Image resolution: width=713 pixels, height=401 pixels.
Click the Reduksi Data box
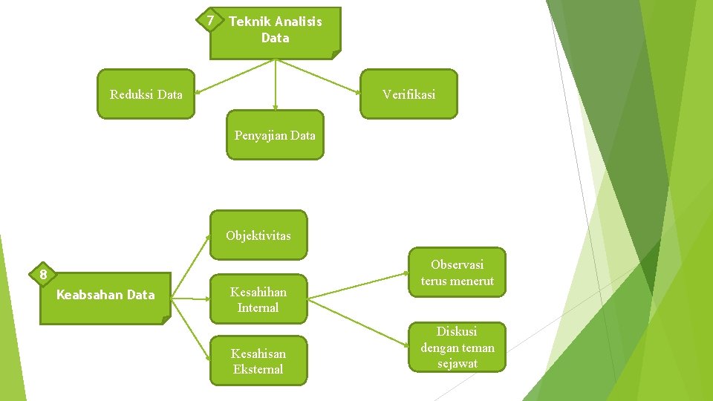coord(146,94)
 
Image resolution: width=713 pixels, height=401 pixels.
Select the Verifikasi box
coord(408,94)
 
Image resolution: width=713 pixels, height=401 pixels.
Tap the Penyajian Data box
coord(275,135)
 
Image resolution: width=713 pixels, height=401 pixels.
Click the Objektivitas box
coord(258,235)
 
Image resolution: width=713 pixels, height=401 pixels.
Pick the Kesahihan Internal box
coord(258,300)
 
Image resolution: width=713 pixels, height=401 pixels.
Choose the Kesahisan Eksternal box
coord(258,362)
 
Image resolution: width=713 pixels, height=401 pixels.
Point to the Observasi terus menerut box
coord(457,273)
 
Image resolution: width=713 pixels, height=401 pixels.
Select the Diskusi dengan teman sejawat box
coord(457,347)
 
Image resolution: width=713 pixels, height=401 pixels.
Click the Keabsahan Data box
coord(105,296)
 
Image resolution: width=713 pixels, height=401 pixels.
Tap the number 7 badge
coord(211,20)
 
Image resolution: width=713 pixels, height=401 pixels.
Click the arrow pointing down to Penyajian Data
coord(276,85)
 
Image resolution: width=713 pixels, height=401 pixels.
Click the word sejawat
coord(457,363)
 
